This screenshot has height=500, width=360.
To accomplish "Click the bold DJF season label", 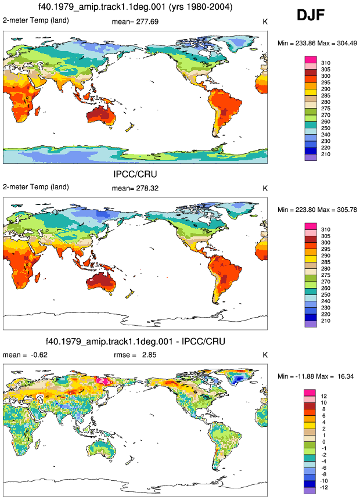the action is point(311,15).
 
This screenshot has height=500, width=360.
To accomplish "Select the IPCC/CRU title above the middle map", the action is point(135,174).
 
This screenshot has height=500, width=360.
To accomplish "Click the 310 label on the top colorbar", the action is point(326,63).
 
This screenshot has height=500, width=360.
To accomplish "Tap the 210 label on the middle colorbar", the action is point(326,321).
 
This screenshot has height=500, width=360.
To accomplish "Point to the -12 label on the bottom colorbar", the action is point(324,487).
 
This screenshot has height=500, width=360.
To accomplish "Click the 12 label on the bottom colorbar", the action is point(324,396).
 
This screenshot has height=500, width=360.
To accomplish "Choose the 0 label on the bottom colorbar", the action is point(324,442).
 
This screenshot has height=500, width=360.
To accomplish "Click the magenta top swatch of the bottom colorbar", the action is point(309,393).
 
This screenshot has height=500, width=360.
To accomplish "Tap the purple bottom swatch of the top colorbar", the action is point(311,157).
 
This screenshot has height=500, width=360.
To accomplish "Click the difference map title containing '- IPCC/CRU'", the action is point(135,341).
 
